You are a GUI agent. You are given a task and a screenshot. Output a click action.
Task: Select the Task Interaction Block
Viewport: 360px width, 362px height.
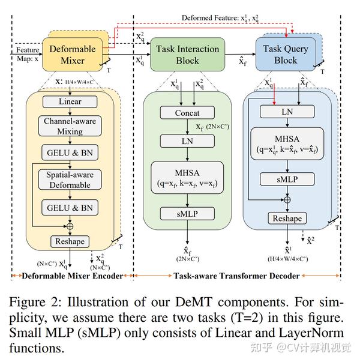pyautogui.click(x=187, y=54)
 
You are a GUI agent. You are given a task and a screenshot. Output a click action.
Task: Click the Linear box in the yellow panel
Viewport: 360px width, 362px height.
pyautogui.click(x=71, y=102)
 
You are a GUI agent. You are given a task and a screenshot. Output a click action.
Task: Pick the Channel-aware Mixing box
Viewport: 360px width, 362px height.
pyautogui.click(x=71, y=126)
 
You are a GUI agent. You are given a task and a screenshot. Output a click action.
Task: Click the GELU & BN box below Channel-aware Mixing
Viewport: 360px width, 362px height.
pyautogui.click(x=71, y=152)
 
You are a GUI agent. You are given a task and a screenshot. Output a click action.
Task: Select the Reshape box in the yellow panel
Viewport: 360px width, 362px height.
pyautogui.click(x=71, y=241)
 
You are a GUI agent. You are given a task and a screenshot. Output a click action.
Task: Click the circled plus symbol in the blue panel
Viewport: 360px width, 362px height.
pyautogui.click(x=287, y=199)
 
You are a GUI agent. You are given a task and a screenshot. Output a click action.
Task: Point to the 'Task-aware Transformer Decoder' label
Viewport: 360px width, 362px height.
pyautogui.click(x=237, y=276)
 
